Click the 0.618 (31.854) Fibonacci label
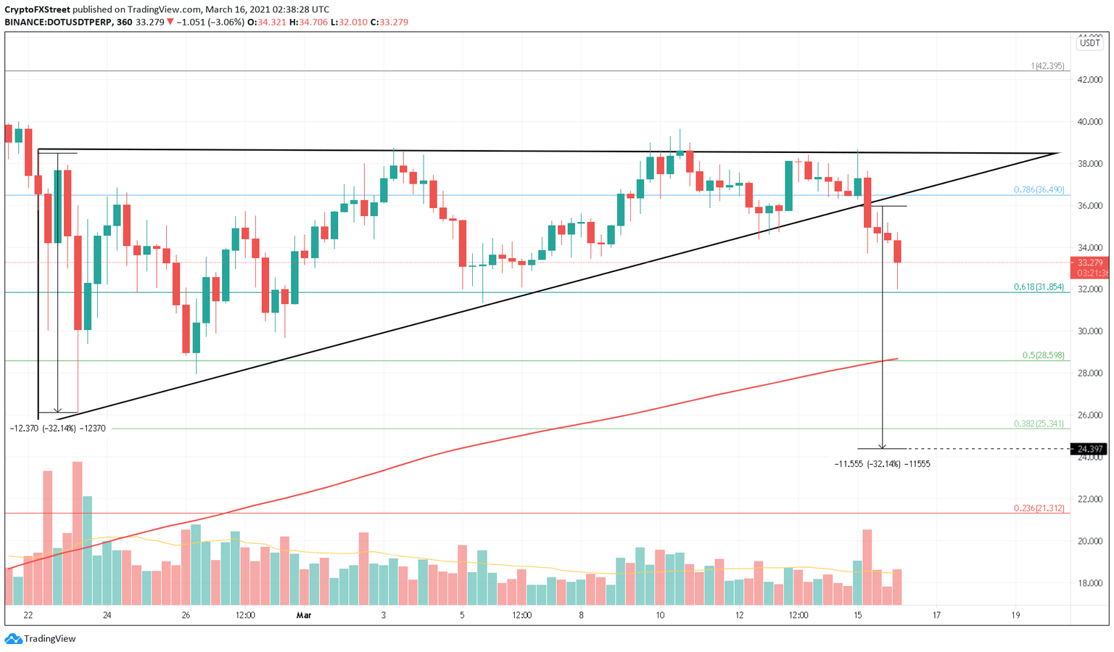[1039, 287]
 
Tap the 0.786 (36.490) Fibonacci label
[1039, 190]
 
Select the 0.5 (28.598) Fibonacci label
[1043, 355]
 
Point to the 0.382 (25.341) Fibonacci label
[1039, 424]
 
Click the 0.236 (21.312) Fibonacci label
[1039, 508]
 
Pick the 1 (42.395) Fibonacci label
[1047, 66]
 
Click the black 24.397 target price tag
[1089, 449]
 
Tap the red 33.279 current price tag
[1089, 263]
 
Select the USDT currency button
[1089, 43]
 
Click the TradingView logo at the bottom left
[41, 639]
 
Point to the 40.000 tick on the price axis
[1089, 122]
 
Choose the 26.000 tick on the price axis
[1089, 416]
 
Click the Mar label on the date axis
[303, 616]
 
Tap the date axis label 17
[936, 616]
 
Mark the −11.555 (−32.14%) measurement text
[882, 463]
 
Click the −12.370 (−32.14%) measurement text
[57, 429]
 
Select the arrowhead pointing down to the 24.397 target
[882, 445]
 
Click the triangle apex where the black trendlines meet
[1059, 154]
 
